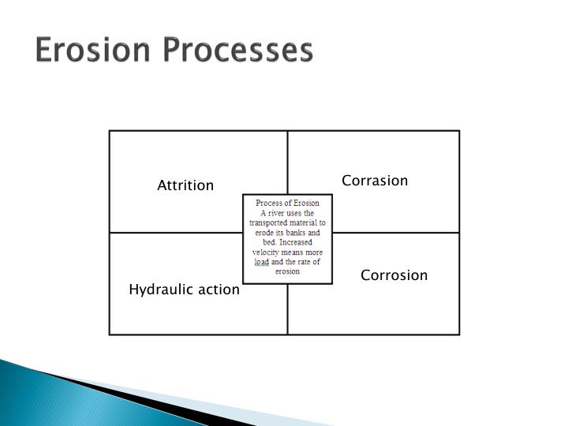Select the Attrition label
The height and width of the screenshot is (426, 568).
(x=185, y=185)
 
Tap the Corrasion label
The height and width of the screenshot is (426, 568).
(x=375, y=181)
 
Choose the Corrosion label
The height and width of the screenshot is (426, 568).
(x=394, y=275)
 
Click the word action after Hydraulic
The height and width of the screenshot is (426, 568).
(x=219, y=290)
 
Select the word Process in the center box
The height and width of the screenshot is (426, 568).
(x=268, y=204)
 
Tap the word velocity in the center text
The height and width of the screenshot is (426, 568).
(x=267, y=252)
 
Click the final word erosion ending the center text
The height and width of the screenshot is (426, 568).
(x=287, y=271)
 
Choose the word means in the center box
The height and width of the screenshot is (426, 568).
(x=297, y=252)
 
